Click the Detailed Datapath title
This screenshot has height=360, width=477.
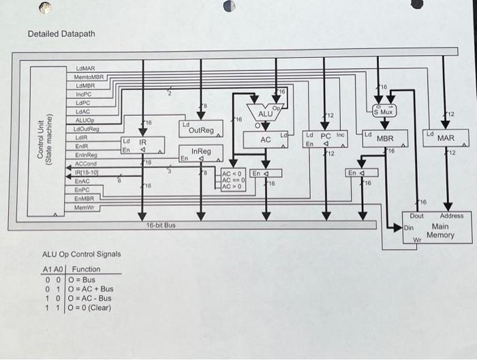click(x=61, y=34)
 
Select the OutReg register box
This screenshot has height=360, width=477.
click(x=200, y=130)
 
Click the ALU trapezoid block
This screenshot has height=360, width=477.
click(x=265, y=115)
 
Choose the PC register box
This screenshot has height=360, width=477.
click(x=325, y=139)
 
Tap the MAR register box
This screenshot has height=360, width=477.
click(x=445, y=139)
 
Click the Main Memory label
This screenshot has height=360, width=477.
click(x=440, y=231)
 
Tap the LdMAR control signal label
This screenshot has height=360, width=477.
click(x=85, y=70)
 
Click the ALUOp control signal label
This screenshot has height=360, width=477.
click(x=85, y=120)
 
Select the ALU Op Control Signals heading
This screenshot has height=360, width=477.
click(x=82, y=254)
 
